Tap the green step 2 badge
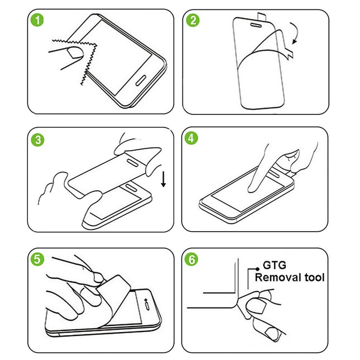(194, 21)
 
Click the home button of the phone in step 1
(141, 78)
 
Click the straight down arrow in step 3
(163, 180)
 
